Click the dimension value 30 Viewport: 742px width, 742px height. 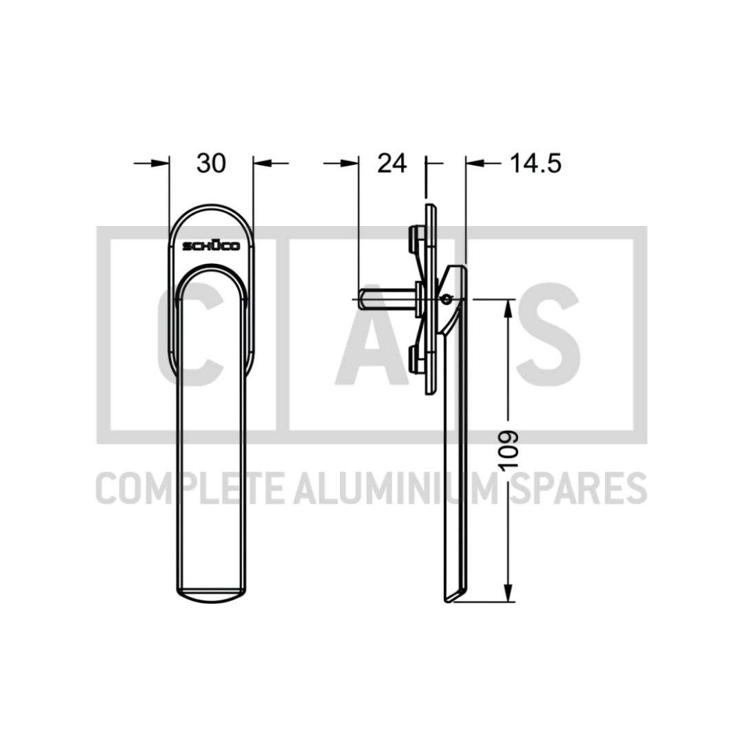pos(211,164)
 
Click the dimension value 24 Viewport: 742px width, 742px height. pos(392,164)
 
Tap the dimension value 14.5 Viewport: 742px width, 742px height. pos(535,164)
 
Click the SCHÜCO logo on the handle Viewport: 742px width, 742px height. pos(211,245)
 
